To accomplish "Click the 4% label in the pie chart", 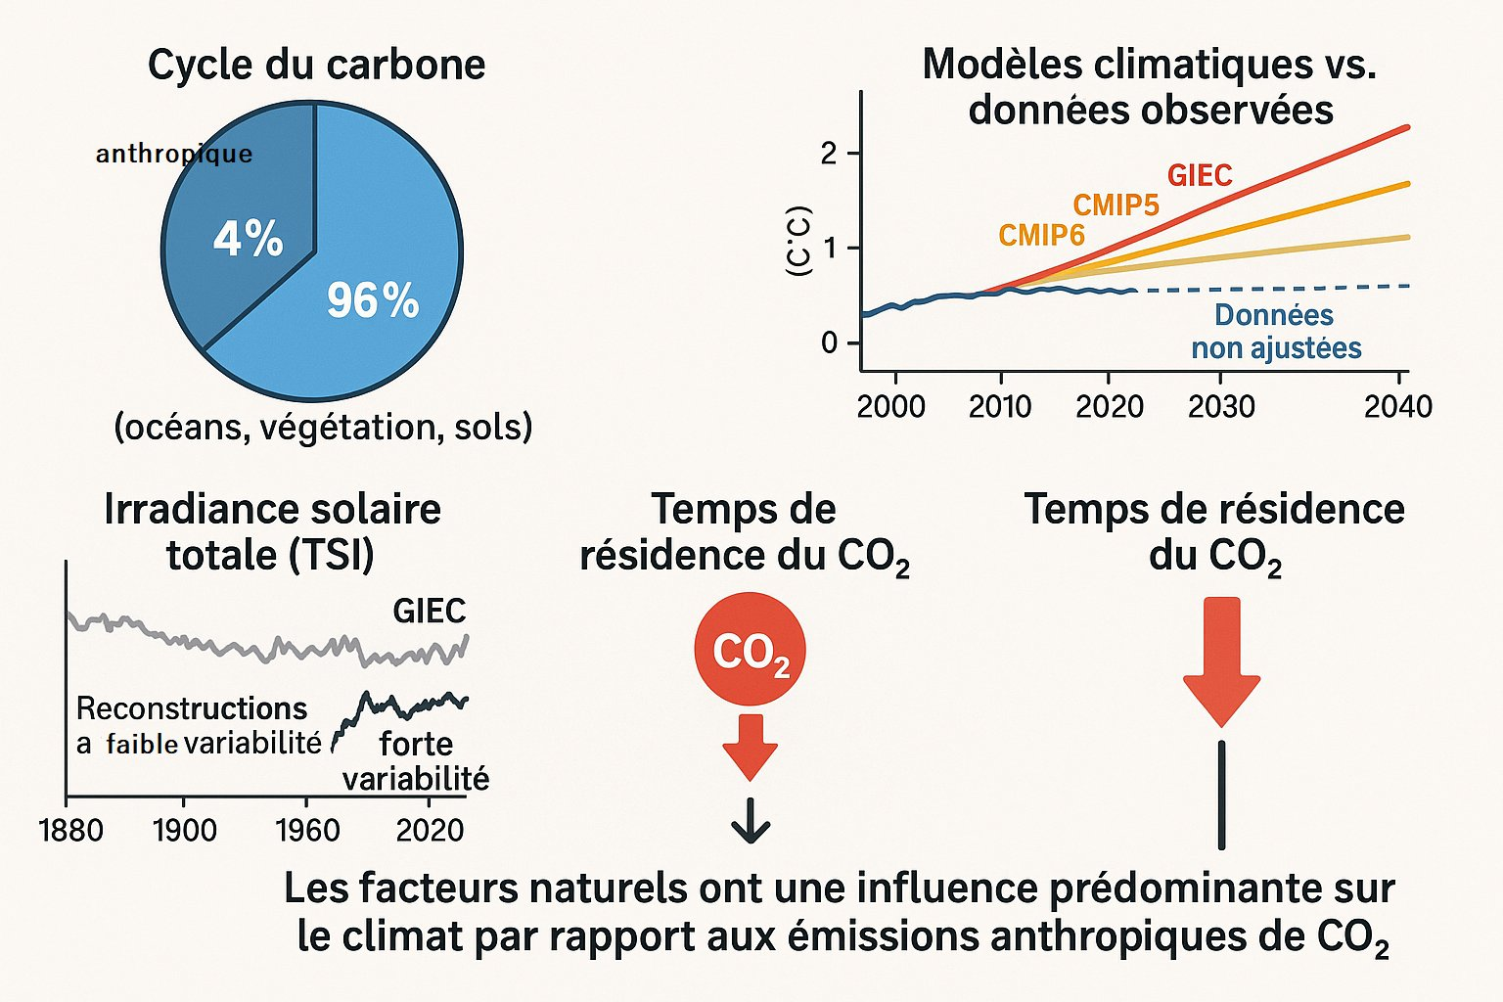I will point(248,239).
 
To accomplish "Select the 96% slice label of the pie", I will point(373,300).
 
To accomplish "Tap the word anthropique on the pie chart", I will point(174,154).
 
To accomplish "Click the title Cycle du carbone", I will point(316,65).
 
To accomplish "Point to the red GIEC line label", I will point(1200,175).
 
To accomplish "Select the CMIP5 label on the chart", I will point(1116,205).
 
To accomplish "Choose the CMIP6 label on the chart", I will point(1041,236).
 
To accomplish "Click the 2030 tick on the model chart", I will point(1220,406).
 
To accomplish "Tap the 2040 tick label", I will point(1397,406).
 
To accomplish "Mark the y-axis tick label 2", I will point(830,154).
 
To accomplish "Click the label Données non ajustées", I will point(1275,332).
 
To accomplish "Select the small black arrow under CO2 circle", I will point(751,822).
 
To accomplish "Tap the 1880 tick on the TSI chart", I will point(70,831).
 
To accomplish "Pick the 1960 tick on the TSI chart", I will point(307,831).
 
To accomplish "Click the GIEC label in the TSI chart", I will point(429,612).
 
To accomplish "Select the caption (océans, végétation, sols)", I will point(323,428).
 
